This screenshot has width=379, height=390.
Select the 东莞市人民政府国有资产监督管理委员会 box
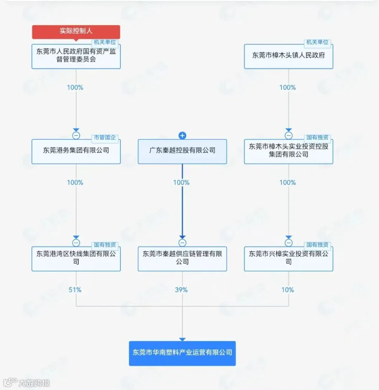click(76, 56)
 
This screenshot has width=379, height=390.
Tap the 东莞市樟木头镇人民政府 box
click(288, 56)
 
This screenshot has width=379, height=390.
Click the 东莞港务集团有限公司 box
click(76, 151)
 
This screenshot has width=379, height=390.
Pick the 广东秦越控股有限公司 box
click(182, 151)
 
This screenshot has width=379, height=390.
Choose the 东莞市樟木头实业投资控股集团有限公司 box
click(288, 151)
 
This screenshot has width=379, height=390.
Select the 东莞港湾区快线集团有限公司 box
click(76, 258)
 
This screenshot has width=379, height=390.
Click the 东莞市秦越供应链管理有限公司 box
click(182, 258)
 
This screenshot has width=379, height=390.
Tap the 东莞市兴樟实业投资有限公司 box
click(288, 258)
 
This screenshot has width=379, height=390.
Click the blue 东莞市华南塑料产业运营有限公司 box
click(182, 353)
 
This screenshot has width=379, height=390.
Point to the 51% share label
click(75, 290)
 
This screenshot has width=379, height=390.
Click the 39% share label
click(181, 290)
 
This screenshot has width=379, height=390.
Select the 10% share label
click(288, 290)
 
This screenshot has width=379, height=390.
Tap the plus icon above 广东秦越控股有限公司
click(182, 135)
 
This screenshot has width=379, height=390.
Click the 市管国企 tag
click(105, 138)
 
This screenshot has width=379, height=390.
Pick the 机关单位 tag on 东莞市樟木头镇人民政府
click(318, 42)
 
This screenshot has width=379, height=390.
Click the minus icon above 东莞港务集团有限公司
click(76, 135)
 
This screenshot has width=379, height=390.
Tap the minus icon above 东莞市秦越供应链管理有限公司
click(182, 243)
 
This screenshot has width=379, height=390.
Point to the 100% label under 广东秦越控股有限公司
click(181, 183)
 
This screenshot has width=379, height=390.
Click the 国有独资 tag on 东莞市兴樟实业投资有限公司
click(318, 245)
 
